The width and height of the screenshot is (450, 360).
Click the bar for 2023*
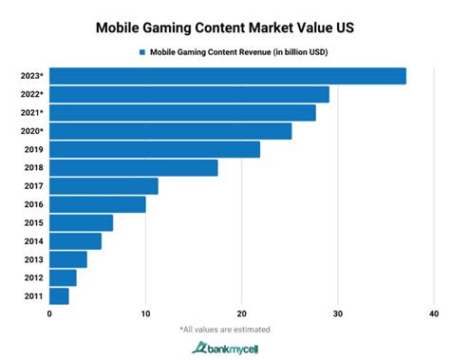click(x=228, y=76)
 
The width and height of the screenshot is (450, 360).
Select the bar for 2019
click(x=155, y=149)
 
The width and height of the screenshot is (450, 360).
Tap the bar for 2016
click(x=98, y=204)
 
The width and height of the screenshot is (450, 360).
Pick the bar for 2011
click(x=59, y=296)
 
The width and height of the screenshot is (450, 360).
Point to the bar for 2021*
click(x=182, y=113)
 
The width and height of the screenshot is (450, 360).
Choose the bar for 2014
click(x=75, y=241)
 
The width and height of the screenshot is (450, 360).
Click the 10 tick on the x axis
click(x=145, y=314)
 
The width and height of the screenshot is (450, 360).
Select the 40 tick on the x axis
click(x=434, y=314)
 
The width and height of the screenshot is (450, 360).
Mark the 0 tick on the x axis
click(x=49, y=314)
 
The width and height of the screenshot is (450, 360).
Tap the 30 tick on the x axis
click(x=338, y=314)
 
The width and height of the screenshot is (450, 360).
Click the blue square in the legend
click(x=141, y=52)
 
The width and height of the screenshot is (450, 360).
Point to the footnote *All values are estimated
click(x=224, y=330)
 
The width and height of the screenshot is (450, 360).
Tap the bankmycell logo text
click(x=232, y=349)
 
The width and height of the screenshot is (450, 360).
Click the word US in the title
click(x=342, y=28)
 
